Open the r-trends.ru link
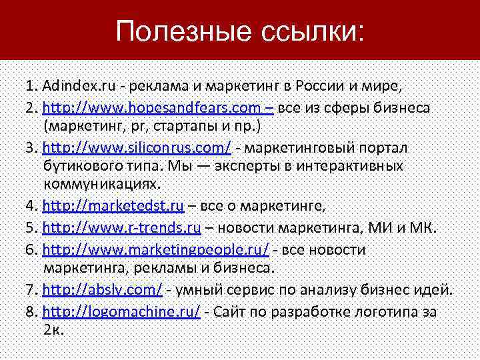[122, 228]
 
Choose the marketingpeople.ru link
[156, 249]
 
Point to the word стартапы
[184, 125]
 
